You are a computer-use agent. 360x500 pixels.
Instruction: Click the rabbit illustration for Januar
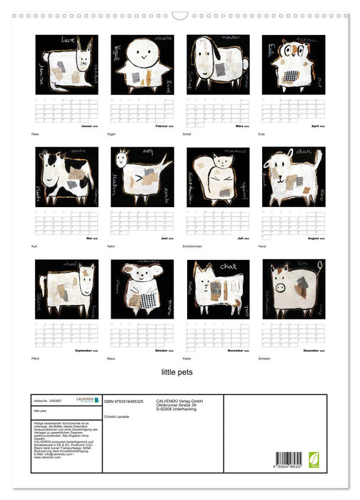coord(66,64)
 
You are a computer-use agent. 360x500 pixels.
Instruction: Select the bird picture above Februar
coord(142,64)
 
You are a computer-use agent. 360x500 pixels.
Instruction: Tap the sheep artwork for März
coord(218,64)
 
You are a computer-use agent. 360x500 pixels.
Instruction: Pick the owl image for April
coord(294,64)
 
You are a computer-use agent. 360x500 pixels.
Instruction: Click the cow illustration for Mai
coord(66,176)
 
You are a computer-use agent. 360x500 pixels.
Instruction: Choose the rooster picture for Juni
coord(142,176)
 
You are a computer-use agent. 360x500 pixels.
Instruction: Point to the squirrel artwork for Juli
coord(218,176)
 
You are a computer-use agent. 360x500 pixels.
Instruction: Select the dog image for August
coord(294,176)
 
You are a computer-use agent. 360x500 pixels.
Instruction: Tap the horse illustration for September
coord(66,289)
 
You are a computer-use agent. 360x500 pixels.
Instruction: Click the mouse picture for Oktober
coord(142,289)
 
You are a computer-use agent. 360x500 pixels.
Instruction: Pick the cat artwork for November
coord(218,289)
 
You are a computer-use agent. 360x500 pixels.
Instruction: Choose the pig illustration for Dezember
coord(294,289)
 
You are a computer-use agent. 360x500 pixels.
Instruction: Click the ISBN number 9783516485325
coord(129,403)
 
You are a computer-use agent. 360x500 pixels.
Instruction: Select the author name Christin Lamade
coord(118,416)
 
